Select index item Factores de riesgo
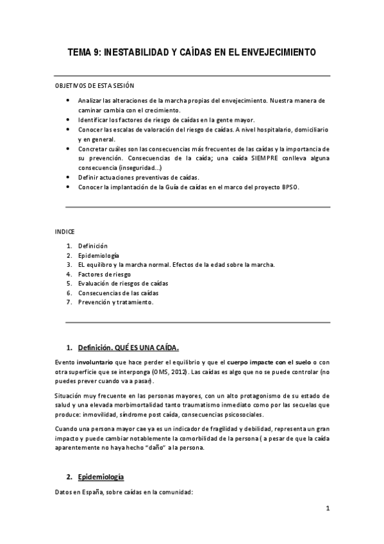click(99, 274)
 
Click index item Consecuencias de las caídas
click(114, 293)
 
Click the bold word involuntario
click(97, 362)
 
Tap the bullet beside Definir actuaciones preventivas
click(69, 177)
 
